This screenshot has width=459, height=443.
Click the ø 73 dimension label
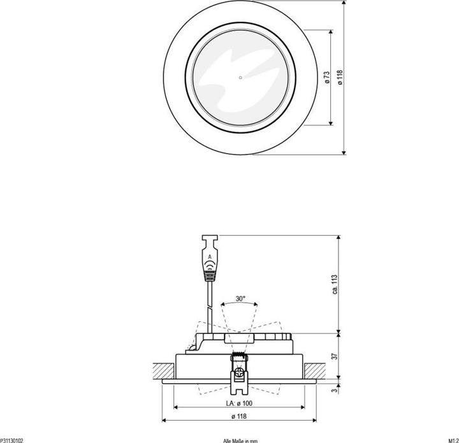(326, 78)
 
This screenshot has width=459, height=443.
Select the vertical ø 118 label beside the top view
(339, 78)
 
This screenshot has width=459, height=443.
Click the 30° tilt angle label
(240, 298)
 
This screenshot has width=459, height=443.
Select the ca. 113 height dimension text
(333, 284)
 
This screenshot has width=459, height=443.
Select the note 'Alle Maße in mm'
(240, 440)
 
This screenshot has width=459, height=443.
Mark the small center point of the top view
(240, 78)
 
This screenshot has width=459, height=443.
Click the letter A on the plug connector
(210, 257)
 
